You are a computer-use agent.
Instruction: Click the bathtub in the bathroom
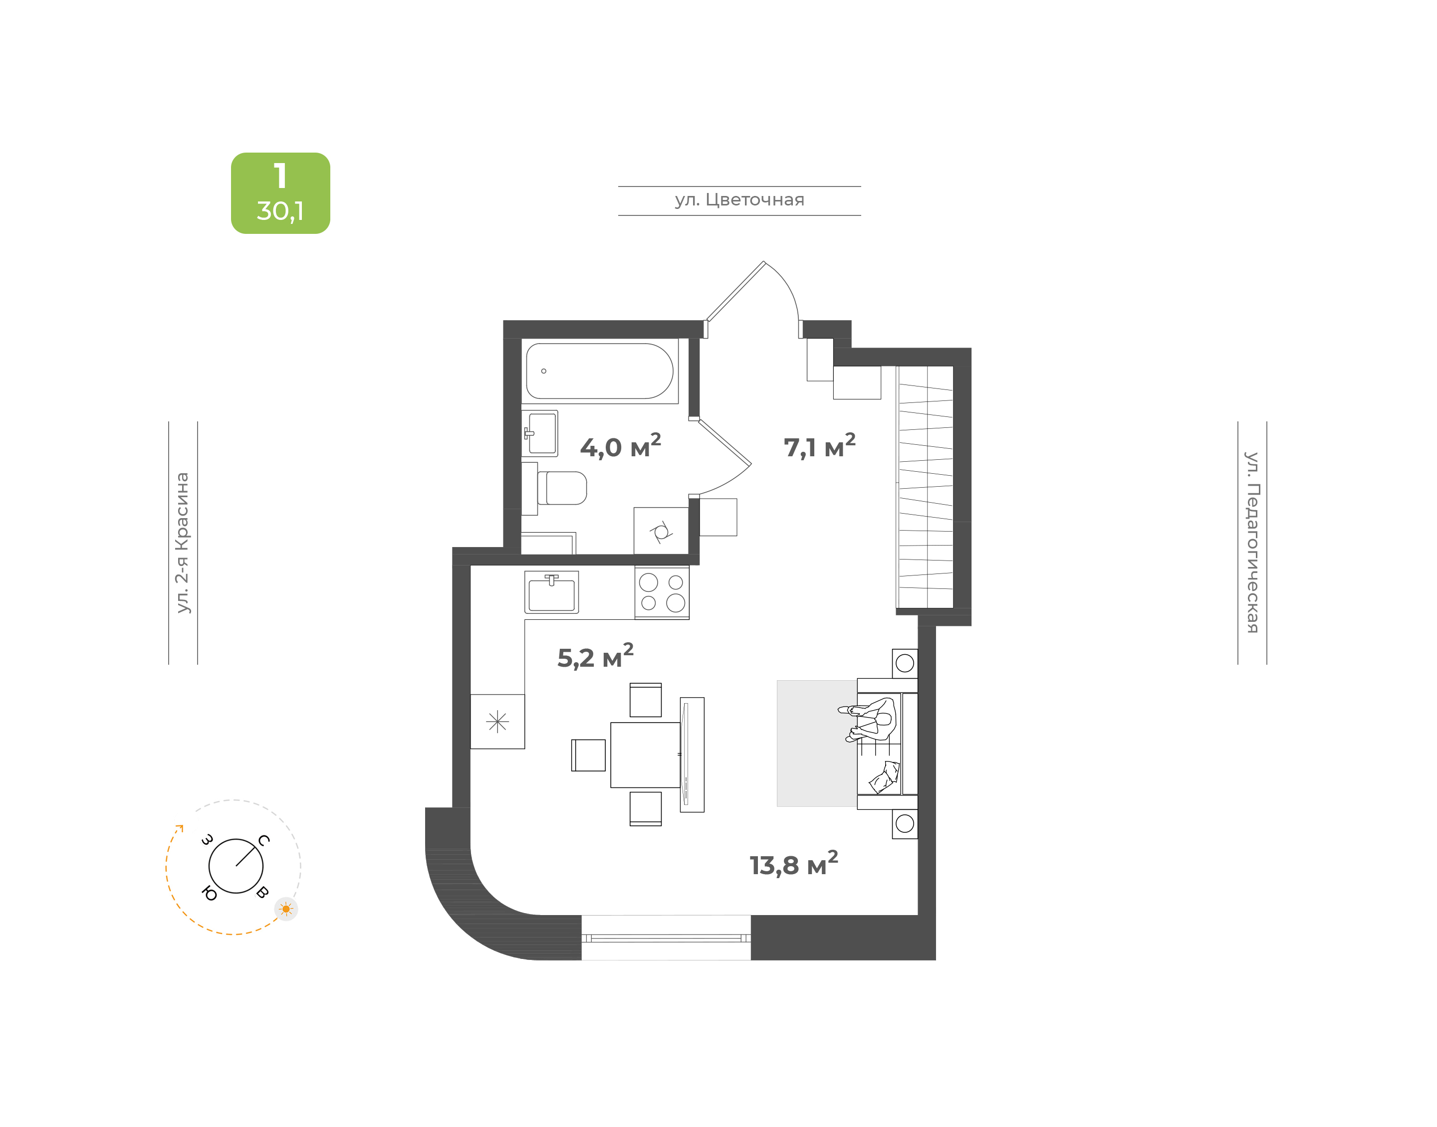click(x=599, y=371)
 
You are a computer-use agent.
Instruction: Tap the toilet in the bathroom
click(x=561, y=488)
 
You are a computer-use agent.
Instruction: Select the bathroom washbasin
click(x=540, y=433)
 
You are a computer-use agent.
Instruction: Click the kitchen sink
click(x=552, y=592)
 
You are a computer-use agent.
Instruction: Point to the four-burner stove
click(x=662, y=592)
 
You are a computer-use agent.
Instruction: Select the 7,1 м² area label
click(x=819, y=446)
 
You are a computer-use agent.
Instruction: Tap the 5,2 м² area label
click(x=595, y=657)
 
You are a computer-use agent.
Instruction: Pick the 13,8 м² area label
click(x=793, y=864)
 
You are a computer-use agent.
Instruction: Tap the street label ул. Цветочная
click(x=739, y=200)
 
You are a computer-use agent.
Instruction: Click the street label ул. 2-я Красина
click(x=182, y=543)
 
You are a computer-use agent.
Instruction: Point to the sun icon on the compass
click(x=286, y=909)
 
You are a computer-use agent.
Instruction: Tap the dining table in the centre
click(x=645, y=755)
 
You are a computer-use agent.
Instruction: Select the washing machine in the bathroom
click(x=661, y=531)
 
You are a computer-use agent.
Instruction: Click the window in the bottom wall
click(x=666, y=938)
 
